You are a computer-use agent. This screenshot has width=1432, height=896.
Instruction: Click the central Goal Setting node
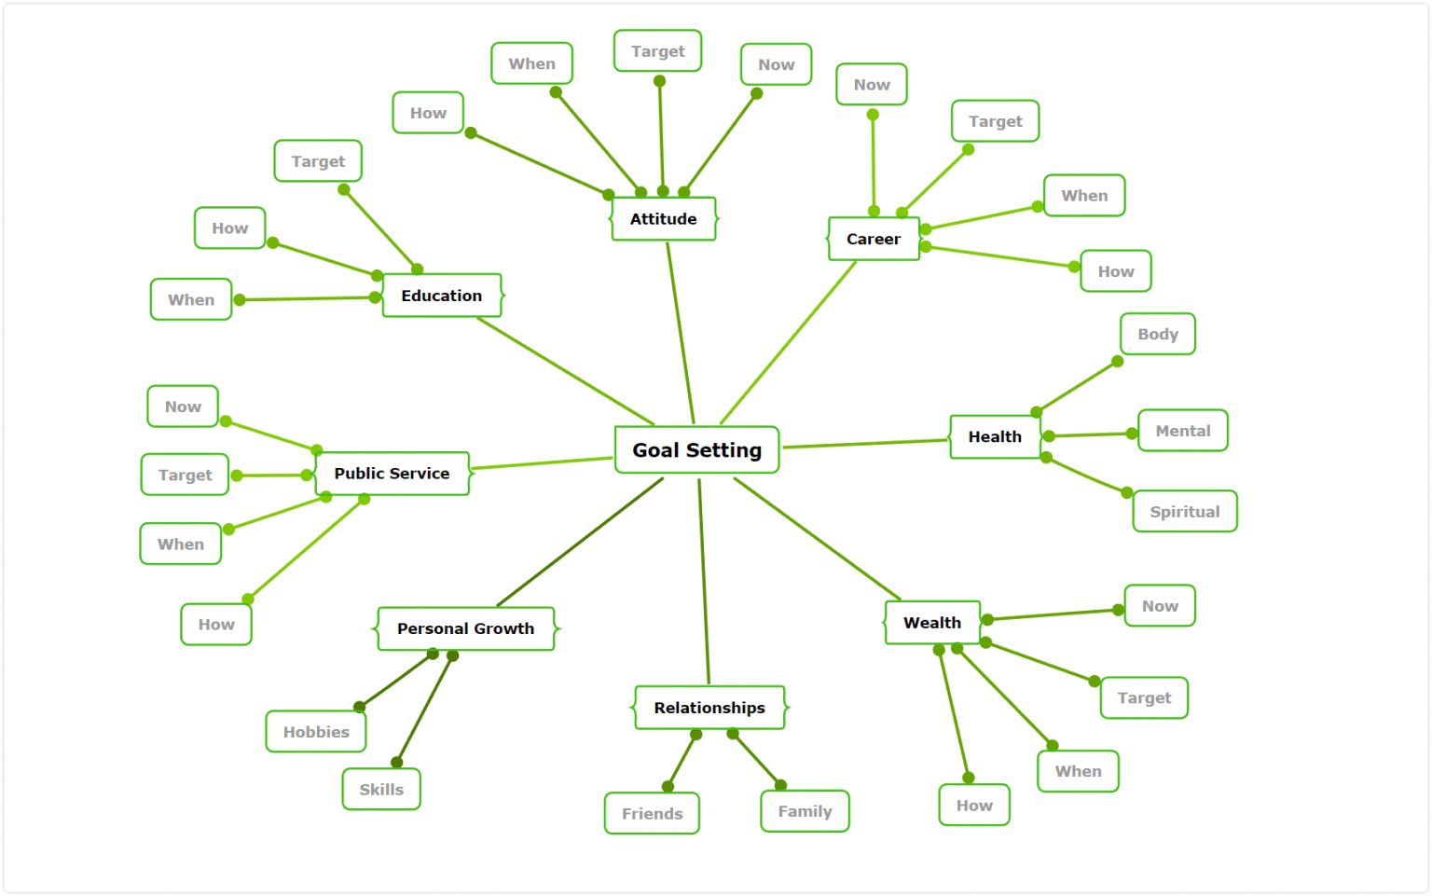tap(696, 450)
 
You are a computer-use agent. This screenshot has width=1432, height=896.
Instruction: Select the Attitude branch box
tap(663, 219)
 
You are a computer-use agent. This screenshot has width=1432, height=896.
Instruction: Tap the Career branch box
tap(874, 240)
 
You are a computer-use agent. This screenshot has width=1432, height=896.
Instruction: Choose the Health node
tap(995, 436)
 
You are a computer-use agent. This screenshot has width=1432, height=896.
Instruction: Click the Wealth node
tap(932, 623)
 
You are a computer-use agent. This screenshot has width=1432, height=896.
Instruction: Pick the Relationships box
tap(709, 708)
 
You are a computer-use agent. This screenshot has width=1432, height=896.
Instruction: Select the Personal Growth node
tap(465, 628)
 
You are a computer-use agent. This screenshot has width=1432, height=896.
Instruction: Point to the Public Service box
tap(392, 474)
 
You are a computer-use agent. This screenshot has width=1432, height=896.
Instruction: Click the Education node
tap(442, 296)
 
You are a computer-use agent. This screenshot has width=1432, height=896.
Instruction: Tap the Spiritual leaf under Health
tap(1184, 512)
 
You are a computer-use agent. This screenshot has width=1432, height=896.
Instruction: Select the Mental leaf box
tap(1182, 431)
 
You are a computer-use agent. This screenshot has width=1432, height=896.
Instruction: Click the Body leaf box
tap(1157, 334)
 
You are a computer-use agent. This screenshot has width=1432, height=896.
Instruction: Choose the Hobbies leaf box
tap(316, 732)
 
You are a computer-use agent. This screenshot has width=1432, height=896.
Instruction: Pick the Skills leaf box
tap(381, 789)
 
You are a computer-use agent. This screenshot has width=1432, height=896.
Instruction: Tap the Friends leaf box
tap(652, 813)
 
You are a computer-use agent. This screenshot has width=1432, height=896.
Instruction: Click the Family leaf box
tap(805, 811)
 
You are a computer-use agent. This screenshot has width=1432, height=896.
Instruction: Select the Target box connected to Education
tap(318, 161)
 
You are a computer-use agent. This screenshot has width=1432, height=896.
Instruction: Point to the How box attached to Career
tap(1115, 271)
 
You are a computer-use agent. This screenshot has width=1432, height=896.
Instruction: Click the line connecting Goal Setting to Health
tap(865, 444)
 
